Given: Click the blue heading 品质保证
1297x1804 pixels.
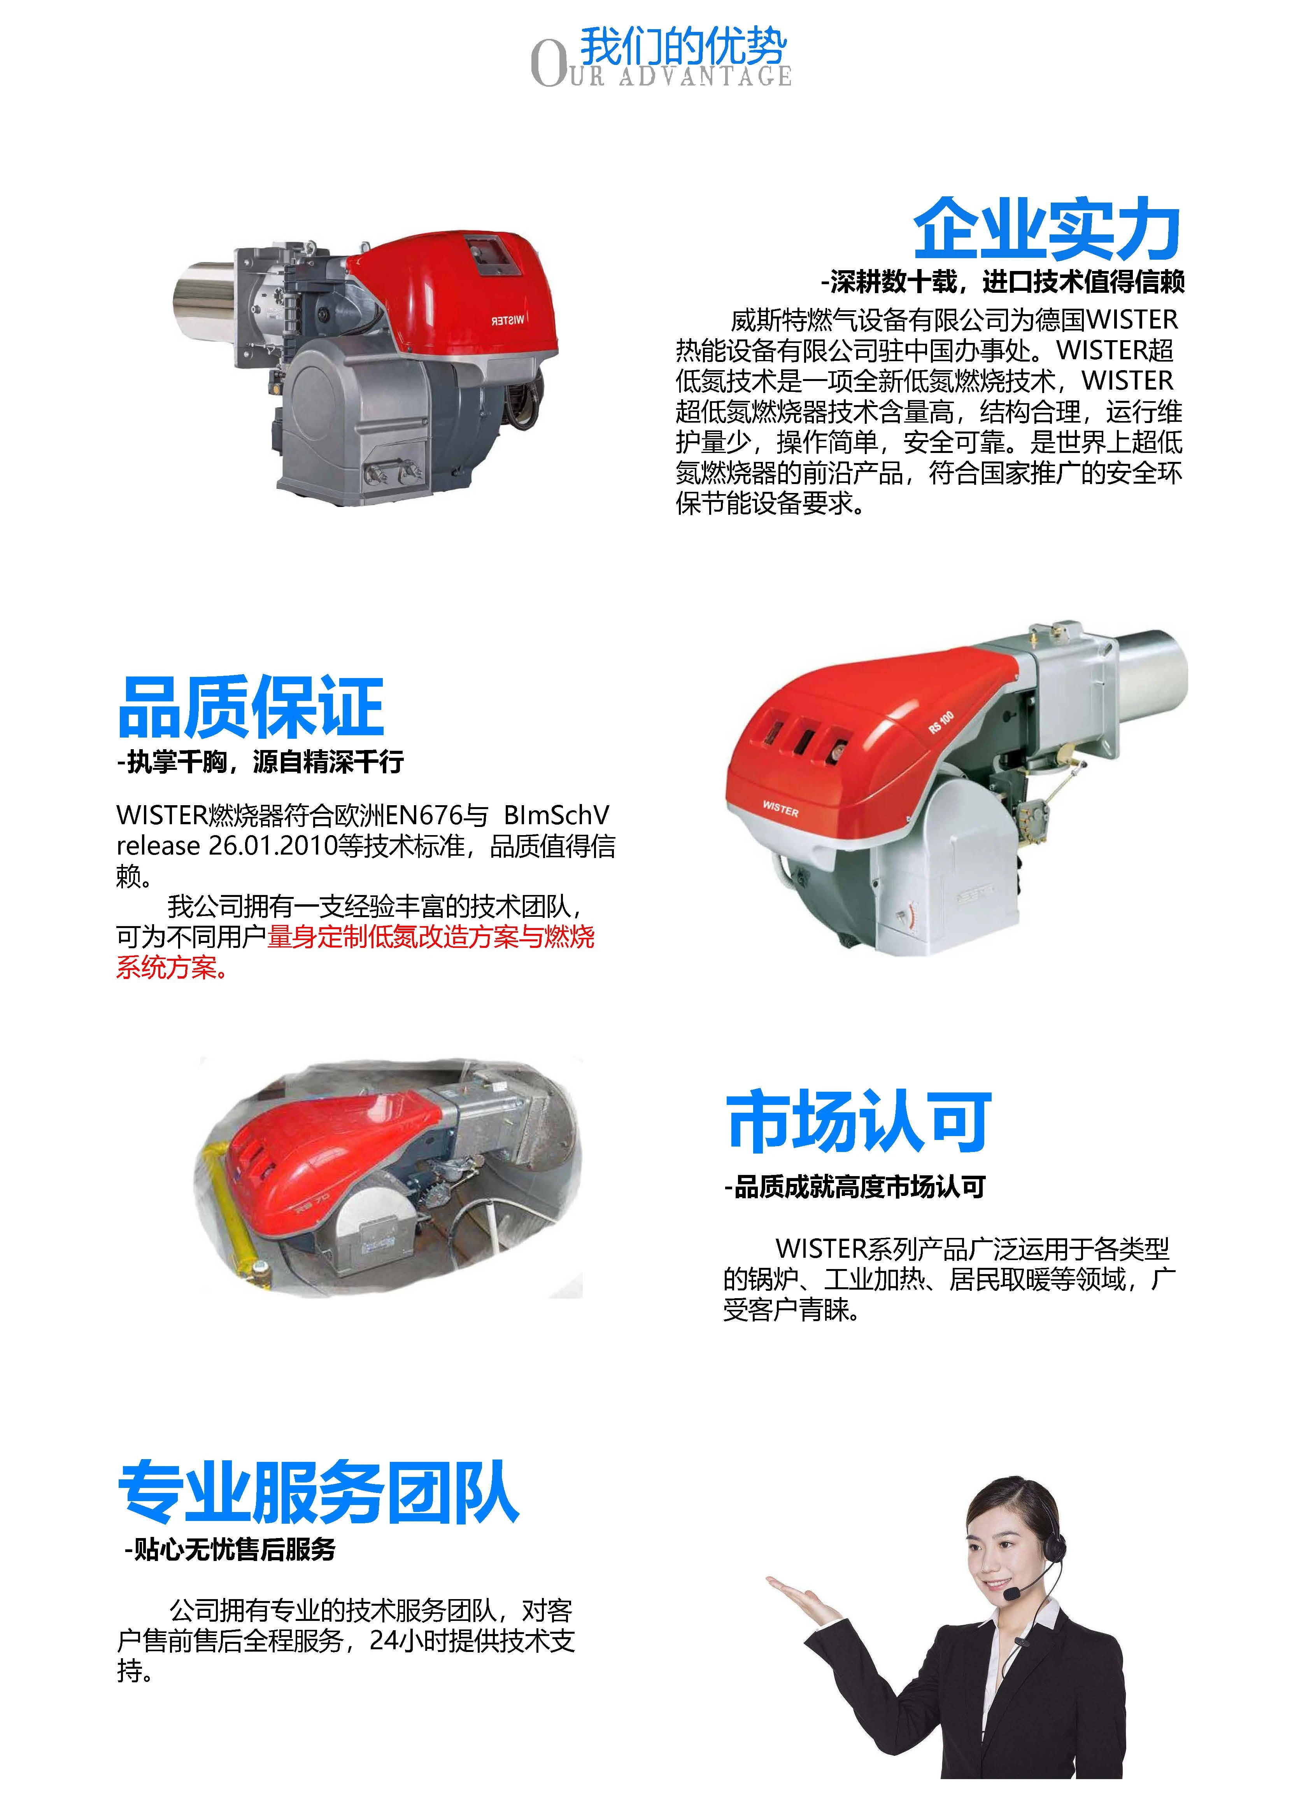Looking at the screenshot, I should coord(251,707).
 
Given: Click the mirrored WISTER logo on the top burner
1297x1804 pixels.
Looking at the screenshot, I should coord(508,320).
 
